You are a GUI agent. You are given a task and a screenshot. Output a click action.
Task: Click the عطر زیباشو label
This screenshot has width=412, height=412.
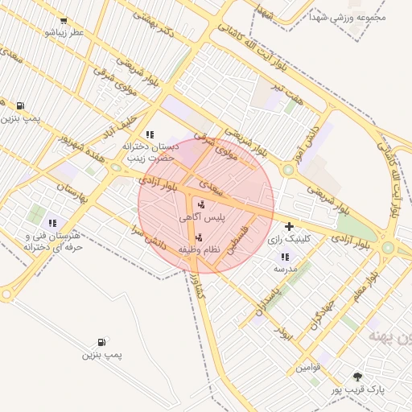(64, 32)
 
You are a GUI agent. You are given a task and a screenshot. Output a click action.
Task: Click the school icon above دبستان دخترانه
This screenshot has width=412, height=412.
(149, 134)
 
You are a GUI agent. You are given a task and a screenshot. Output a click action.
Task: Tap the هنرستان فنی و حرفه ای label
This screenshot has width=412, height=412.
(53, 241)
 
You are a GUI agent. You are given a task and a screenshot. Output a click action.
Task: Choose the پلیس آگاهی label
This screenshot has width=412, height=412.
(201, 217)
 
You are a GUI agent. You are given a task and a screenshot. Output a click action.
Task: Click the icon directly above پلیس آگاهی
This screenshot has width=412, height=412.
(200, 204)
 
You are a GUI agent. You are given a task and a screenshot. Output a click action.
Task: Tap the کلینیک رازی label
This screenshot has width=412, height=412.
(287, 239)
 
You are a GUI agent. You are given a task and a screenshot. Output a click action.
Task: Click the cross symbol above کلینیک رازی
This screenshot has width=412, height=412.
(288, 226)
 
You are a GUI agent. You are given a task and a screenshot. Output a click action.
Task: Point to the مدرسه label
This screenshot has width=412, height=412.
(286, 268)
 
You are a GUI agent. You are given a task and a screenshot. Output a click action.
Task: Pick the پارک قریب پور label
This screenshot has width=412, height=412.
(358, 389)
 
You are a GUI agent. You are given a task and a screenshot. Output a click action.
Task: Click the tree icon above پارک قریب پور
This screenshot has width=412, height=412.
(358, 376)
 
